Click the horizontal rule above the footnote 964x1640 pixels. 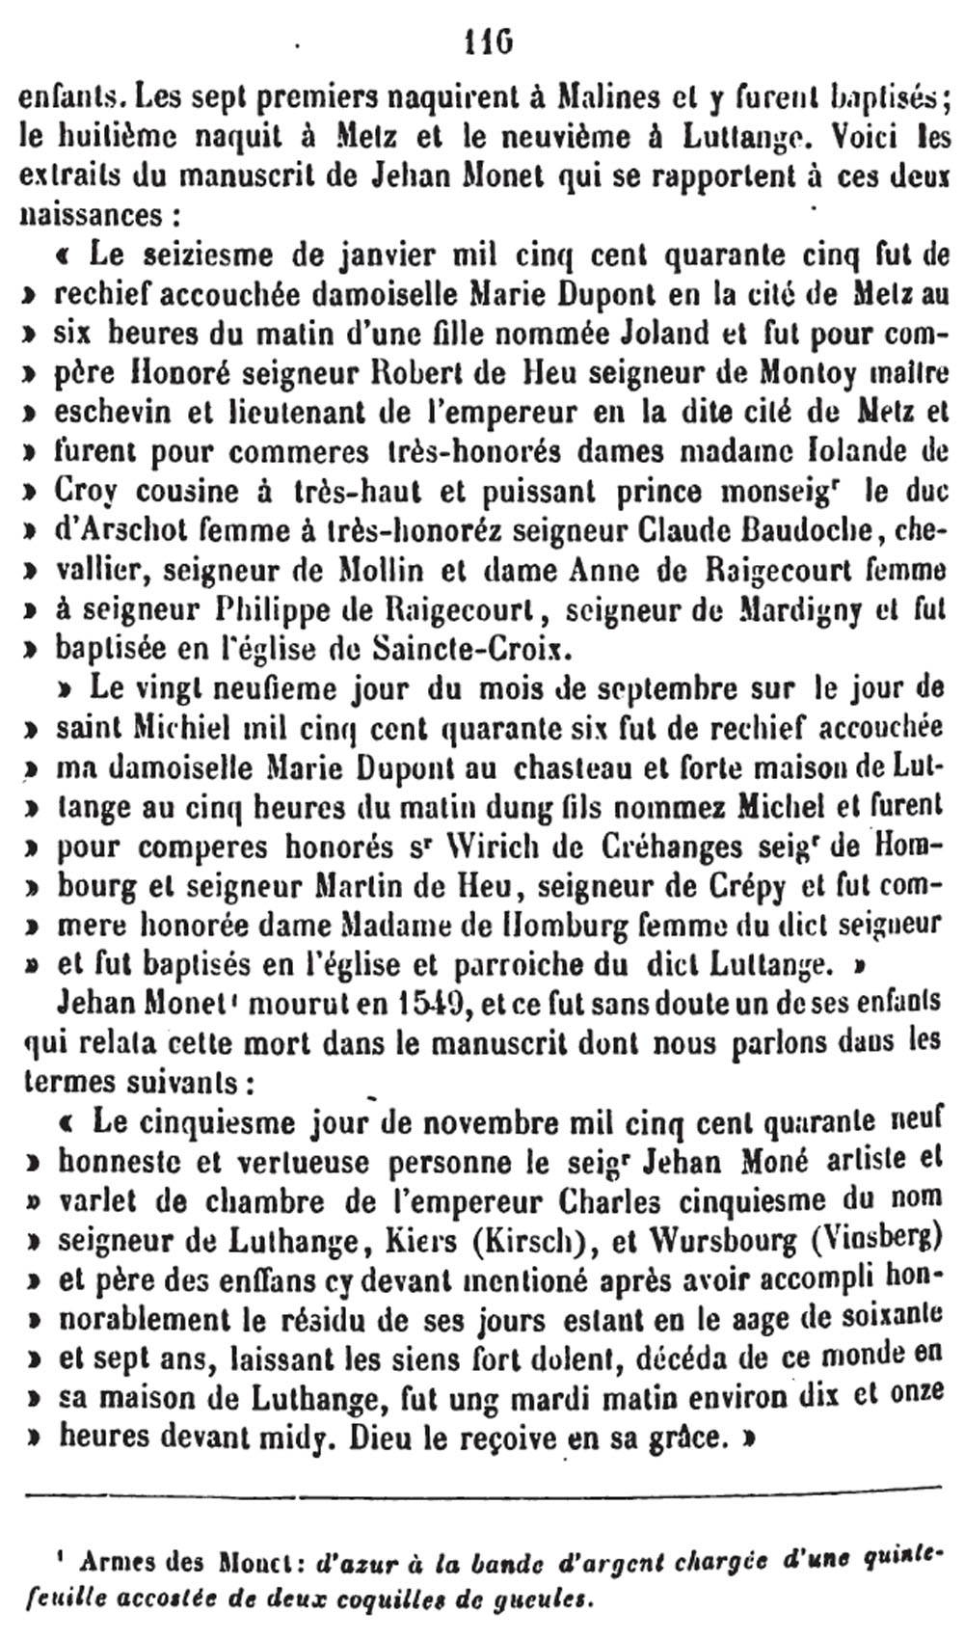[x=482, y=1495]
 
